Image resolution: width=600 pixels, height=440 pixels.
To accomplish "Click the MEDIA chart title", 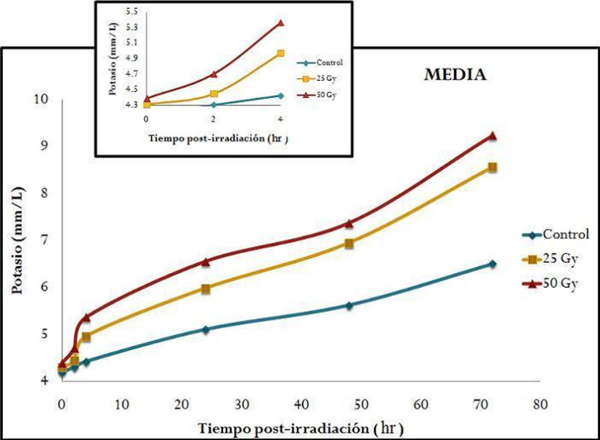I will tap(452, 76).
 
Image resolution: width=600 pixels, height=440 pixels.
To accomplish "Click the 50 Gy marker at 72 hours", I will tap(493, 136).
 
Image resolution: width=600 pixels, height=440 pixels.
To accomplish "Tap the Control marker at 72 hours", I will tap(493, 264).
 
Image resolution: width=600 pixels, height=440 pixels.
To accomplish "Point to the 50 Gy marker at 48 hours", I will tap(349, 223).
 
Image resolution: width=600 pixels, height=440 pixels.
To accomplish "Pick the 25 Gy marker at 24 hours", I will tap(205, 289).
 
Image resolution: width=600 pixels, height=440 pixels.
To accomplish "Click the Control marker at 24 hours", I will tap(205, 329).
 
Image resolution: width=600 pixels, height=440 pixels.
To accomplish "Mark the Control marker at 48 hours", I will tap(349, 305).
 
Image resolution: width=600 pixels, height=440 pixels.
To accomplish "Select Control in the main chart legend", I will tap(562, 234).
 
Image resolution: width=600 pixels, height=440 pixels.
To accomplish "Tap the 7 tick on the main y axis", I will tap(44, 240).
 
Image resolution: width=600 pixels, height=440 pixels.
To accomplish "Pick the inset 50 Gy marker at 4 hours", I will tap(280, 22).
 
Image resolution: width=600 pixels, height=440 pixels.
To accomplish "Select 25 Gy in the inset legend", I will tap(328, 78).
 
